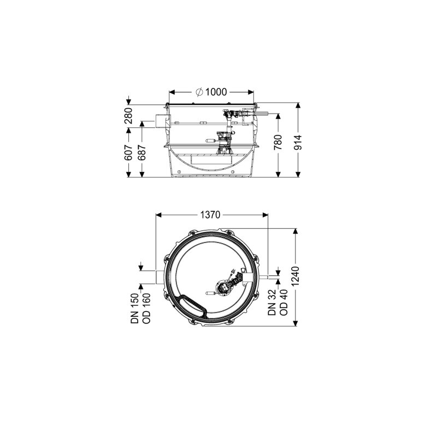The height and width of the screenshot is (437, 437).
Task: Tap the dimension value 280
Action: (x=128, y=115)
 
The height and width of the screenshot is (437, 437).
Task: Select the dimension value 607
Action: (x=128, y=153)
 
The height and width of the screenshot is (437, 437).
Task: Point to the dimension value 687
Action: (x=142, y=153)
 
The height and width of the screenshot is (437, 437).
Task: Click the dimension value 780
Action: (x=278, y=142)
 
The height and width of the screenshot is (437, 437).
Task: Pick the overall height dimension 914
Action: (x=298, y=142)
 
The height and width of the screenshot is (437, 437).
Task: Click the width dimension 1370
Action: (x=210, y=215)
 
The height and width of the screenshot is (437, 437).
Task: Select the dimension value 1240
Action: (x=295, y=276)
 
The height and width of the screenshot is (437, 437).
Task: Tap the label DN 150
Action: (x=134, y=308)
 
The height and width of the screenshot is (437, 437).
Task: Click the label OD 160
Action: (x=146, y=308)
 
